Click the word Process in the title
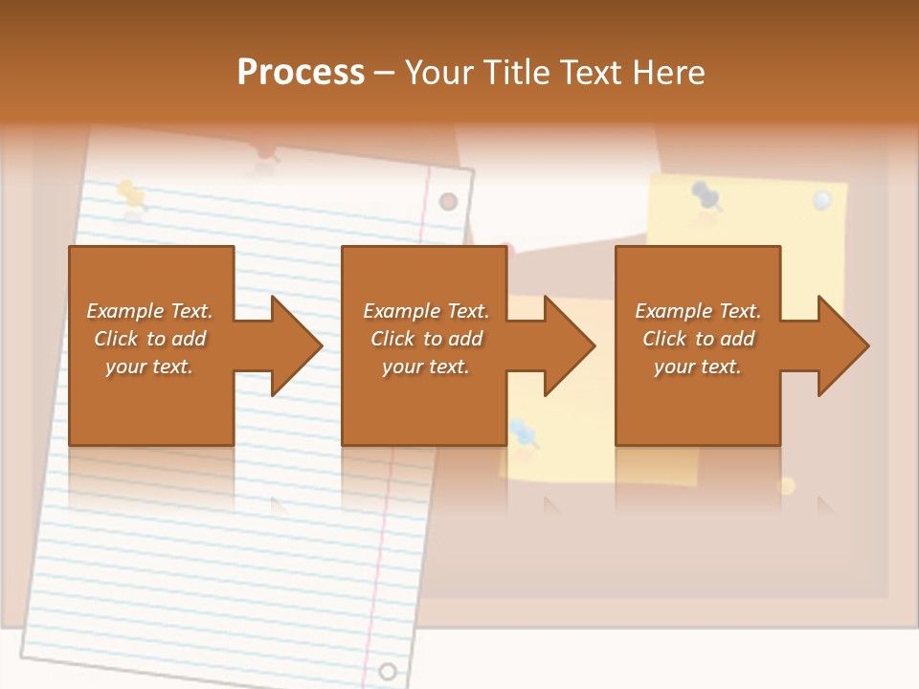301,72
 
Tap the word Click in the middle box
391,339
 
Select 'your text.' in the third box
697,367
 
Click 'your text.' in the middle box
425,367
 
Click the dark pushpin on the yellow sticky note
706,195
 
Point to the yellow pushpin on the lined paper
131,194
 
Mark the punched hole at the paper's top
448,201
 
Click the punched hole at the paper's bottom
388,671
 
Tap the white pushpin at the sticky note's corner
821,200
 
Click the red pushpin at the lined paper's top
265,155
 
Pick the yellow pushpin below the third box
786,485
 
